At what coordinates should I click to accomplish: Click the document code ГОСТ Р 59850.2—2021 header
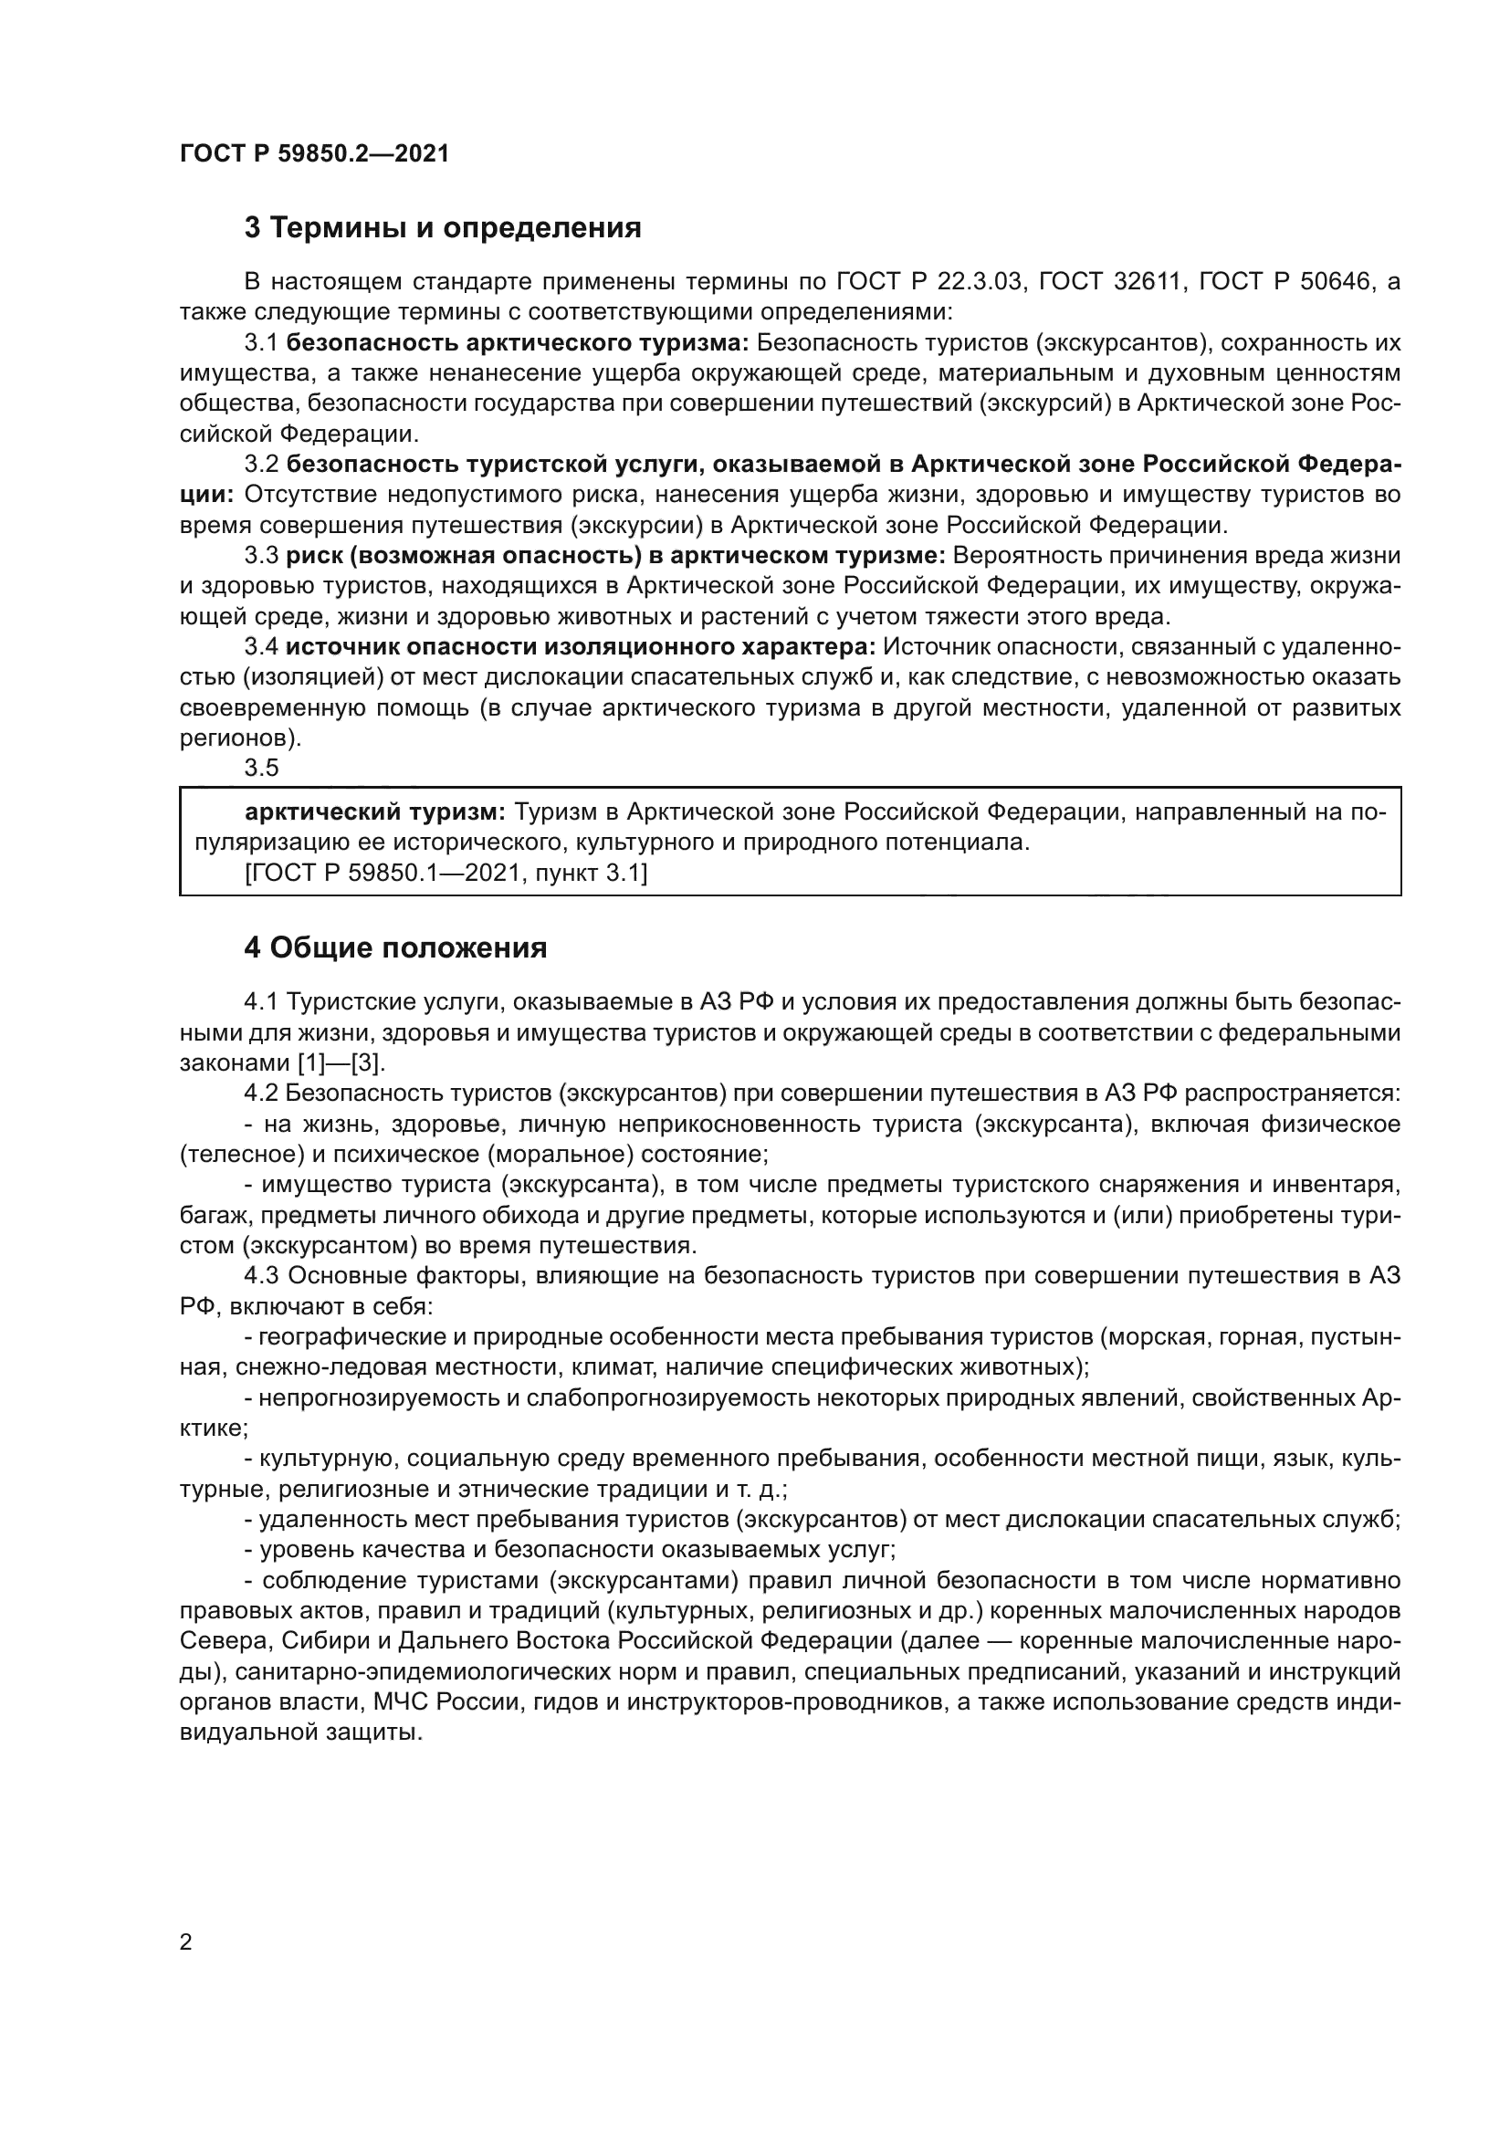coord(314,154)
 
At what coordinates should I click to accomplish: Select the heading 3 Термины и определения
coord(443,228)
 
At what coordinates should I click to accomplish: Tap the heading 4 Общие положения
coord(395,948)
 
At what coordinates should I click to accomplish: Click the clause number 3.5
coord(261,768)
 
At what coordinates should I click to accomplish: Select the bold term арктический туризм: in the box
coord(374,812)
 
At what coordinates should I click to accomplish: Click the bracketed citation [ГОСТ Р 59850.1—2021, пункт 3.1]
coord(446,874)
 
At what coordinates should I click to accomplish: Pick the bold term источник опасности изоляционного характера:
coord(582,647)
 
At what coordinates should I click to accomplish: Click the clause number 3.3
coord(261,556)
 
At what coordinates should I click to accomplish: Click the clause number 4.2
coord(261,1094)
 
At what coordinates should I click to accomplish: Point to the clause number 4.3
coord(261,1277)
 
